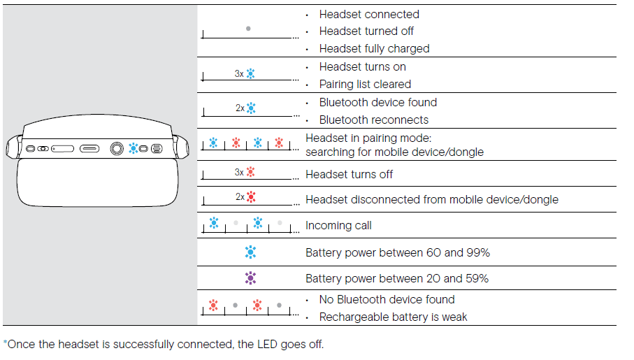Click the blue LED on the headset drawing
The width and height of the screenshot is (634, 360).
[133, 149]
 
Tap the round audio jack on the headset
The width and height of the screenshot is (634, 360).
[117, 149]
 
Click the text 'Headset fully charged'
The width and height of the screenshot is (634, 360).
[374, 49]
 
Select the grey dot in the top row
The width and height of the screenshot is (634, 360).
[248, 29]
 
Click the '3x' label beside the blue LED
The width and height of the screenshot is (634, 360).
[239, 73]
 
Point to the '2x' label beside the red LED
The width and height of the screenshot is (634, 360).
[240, 197]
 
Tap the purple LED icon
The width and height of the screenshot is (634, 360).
[251, 278]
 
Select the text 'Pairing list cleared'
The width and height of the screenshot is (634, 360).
[365, 85]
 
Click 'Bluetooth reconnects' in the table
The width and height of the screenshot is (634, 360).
[374, 120]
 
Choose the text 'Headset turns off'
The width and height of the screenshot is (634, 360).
[349, 175]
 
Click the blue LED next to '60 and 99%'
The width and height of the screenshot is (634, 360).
[251, 252]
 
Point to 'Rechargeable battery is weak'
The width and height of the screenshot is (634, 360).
[393, 317]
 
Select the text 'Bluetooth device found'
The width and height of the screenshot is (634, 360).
[377, 103]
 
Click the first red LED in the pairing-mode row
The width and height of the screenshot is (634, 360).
[236, 143]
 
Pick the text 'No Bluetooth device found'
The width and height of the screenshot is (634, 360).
[387, 300]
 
